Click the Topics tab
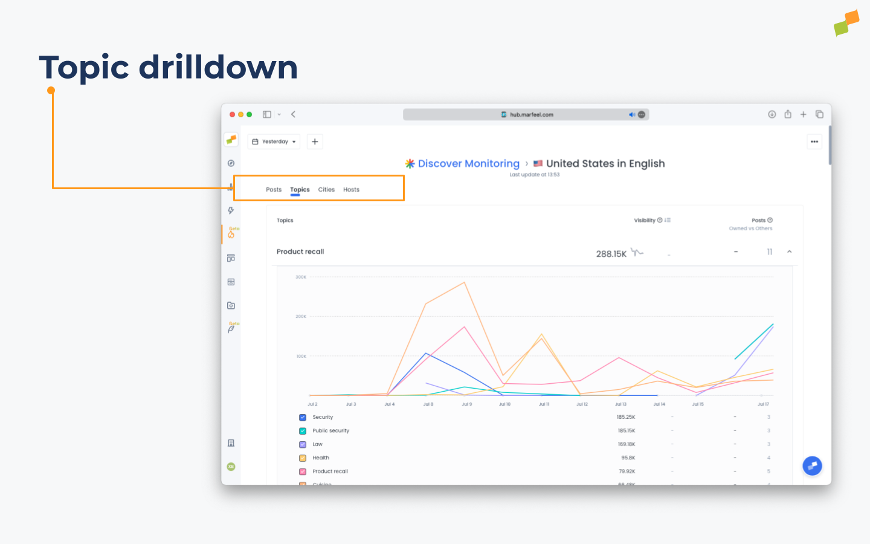click(300, 190)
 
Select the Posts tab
click(274, 190)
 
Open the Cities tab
click(326, 190)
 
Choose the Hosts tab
click(351, 190)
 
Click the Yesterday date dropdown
click(274, 141)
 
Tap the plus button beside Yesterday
click(315, 141)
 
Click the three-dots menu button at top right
click(814, 141)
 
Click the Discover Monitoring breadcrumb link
click(468, 164)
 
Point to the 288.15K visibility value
click(611, 254)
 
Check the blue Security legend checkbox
click(303, 418)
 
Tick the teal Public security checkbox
click(303, 431)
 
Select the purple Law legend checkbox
click(303, 445)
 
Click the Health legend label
click(321, 458)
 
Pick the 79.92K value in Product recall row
click(627, 471)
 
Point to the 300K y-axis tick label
click(301, 277)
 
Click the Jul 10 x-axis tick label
click(504, 404)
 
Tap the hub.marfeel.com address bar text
click(531, 115)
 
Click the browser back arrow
click(293, 114)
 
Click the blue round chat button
click(812, 466)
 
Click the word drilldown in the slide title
click(218, 67)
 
